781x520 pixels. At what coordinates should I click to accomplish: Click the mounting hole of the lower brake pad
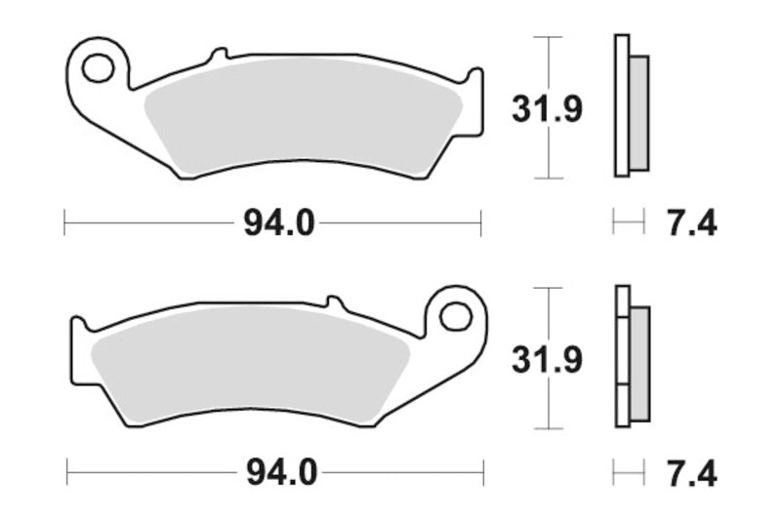click(x=454, y=315)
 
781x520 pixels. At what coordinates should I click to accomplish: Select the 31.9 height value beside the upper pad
click(x=548, y=109)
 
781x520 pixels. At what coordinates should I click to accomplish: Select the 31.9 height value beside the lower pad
click(x=548, y=360)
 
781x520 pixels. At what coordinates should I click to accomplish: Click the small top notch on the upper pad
click(x=220, y=51)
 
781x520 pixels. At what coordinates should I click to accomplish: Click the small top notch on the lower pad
click(x=332, y=300)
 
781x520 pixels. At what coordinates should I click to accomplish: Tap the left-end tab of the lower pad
click(x=76, y=329)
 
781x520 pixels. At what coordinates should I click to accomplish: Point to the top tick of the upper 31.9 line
click(x=549, y=37)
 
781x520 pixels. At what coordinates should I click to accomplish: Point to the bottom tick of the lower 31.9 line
click(x=549, y=429)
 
